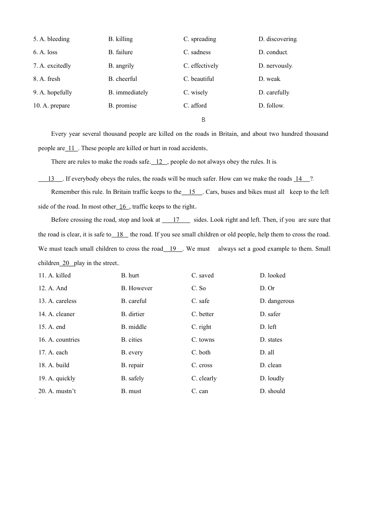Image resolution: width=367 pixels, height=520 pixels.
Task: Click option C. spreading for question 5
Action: coord(200,39)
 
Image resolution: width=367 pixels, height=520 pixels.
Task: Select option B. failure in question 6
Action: coord(121,52)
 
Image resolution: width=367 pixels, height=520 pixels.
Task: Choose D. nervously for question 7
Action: coord(275,66)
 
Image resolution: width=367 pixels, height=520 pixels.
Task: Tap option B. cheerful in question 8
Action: coord(123,79)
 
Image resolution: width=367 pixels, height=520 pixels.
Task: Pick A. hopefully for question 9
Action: coord(53,92)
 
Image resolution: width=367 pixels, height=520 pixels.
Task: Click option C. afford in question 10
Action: coord(195,106)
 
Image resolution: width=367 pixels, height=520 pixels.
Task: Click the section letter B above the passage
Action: coord(204,120)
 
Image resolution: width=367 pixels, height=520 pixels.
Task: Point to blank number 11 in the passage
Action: coord(71,148)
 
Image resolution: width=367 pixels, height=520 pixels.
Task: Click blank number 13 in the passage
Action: coord(51,179)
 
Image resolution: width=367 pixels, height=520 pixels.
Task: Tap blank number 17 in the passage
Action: coord(176,220)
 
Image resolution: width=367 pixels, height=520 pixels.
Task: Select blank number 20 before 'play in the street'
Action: coord(66,263)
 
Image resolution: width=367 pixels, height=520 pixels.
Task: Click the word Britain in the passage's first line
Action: coord(228,134)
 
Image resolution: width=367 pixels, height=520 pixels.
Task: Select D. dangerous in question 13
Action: coord(277,301)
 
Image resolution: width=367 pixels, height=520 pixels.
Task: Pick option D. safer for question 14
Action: coord(270,314)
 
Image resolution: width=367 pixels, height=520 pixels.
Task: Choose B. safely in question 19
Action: coord(133,378)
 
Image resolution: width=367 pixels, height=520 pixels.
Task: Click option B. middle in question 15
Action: coord(134,327)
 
